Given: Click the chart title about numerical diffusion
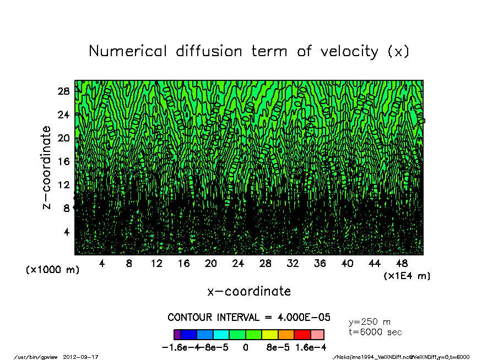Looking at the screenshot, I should pyautogui.click(x=249, y=51).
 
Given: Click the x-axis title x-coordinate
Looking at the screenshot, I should pyautogui.click(x=249, y=291).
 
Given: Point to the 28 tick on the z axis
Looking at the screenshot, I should pyautogui.click(x=63, y=91).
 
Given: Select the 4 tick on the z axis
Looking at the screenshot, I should pyautogui.click(x=66, y=232).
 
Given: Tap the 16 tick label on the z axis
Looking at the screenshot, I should pyautogui.click(x=63, y=161).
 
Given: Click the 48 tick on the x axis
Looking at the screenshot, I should pyautogui.click(x=402, y=264).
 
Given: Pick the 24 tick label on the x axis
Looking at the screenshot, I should pyautogui.click(x=238, y=264).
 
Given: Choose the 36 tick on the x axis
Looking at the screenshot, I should pyautogui.click(x=320, y=264).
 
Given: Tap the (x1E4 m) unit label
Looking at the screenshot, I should pyautogui.click(x=407, y=276).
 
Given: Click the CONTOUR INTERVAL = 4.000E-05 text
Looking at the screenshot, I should pyautogui.click(x=249, y=318).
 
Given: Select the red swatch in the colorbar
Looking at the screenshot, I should pyautogui.click(x=302, y=335).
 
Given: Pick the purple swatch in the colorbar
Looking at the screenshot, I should pyautogui.click(x=177, y=335).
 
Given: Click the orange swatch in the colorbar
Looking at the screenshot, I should pyautogui.click(x=286, y=335).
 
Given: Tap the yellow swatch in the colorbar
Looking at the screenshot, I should pyautogui.click(x=269, y=335).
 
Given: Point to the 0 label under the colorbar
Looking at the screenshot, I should pyautogui.click(x=246, y=348).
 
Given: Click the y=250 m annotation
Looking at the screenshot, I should pyautogui.click(x=370, y=322).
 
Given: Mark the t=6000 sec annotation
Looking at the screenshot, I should pyautogui.click(x=375, y=332).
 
